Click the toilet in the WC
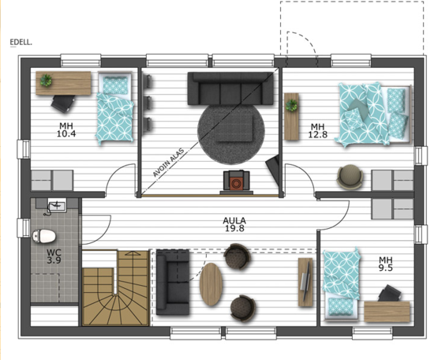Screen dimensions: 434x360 point(44,236)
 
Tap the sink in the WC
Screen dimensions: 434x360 point(58,205)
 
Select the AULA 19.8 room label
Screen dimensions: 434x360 point(234,224)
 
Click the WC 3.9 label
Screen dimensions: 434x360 point(54,256)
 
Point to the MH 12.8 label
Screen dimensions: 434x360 point(318,130)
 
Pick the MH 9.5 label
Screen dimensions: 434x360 point(386,264)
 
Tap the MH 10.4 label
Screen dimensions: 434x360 point(66,129)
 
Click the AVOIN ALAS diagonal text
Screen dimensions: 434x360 point(168,163)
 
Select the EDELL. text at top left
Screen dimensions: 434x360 point(21,43)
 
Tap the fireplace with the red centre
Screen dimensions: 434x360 point(237,182)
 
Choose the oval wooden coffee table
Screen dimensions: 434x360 point(211,284)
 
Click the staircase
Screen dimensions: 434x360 point(116,288)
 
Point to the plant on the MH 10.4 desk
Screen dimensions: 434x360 point(46,81)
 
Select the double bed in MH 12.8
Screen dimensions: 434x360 point(374,114)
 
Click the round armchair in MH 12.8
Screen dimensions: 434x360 point(350,177)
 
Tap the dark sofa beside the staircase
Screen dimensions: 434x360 point(173,282)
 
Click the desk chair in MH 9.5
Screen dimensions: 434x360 point(390,294)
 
